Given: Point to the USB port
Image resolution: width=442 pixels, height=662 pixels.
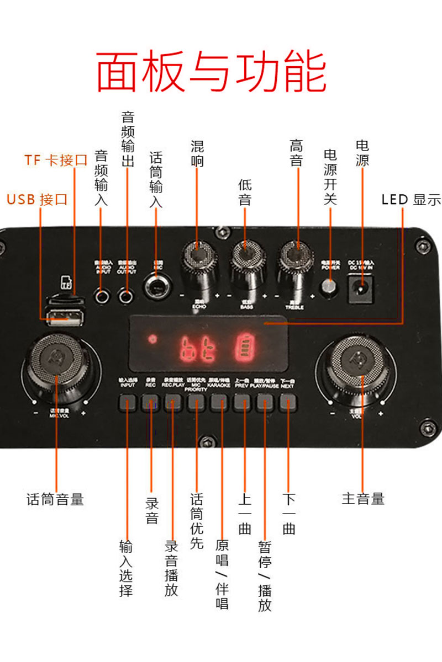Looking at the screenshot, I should click(65, 318).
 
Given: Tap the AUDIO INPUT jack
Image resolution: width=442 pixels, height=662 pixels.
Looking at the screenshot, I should click(102, 296).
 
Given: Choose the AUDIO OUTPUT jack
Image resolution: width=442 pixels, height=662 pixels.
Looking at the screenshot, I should click(127, 296).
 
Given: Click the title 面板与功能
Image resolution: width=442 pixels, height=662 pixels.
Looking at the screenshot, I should click(212, 72).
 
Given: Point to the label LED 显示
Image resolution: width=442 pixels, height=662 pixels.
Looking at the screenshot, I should click(411, 200).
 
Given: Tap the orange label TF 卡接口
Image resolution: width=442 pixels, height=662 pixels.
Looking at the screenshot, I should click(56, 161).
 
